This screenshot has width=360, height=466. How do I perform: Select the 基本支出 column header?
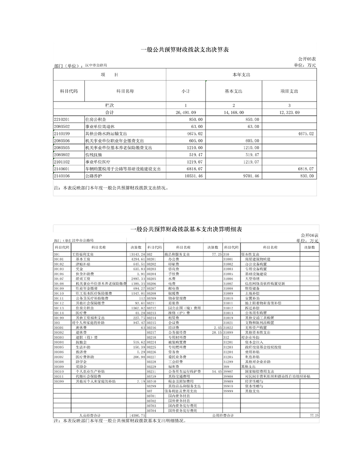point(233,91)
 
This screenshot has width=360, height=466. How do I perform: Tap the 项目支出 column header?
point(289,91)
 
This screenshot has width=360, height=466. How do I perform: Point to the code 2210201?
point(62,119)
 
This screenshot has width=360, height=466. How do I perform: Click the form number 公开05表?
point(307,59)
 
